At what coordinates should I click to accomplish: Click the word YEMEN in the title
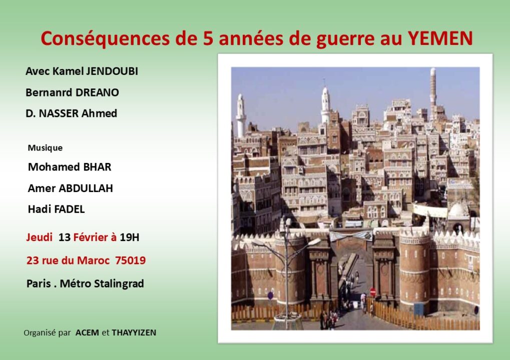(x=440, y=38)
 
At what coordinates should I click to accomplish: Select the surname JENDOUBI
(x=112, y=71)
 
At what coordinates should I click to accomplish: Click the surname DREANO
(x=95, y=92)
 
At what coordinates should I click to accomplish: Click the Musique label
(x=45, y=148)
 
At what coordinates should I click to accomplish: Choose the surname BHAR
(x=97, y=167)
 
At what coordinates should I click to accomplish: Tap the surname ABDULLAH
(x=86, y=188)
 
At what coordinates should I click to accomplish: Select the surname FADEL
(x=70, y=209)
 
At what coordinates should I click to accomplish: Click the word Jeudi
(x=40, y=237)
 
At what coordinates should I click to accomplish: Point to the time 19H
(x=130, y=237)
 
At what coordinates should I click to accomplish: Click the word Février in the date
(x=92, y=237)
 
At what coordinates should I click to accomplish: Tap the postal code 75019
(x=131, y=260)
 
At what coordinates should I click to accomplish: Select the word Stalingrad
(x=119, y=283)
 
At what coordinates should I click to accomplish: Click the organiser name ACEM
(x=87, y=332)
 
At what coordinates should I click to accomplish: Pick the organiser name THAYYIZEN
(x=134, y=332)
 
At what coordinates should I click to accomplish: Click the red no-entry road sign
(x=373, y=292)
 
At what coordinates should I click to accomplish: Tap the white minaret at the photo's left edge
(x=241, y=115)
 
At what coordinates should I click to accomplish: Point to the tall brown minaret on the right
(x=433, y=91)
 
